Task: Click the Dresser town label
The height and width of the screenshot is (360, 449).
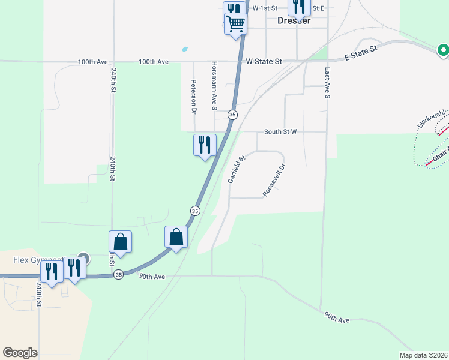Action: point(294,20)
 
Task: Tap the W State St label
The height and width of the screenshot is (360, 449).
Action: point(264,61)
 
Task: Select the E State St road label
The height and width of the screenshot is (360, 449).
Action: point(360,53)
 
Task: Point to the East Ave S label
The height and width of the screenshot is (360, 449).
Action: point(328,83)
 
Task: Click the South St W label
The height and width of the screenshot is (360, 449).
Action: point(280,131)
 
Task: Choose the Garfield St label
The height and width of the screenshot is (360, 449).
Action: point(237,170)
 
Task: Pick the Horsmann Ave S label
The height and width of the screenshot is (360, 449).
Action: point(214,86)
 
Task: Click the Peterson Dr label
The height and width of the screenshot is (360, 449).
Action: point(194,97)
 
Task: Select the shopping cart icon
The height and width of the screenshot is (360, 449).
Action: point(236,24)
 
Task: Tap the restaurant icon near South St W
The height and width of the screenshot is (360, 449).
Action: point(205,145)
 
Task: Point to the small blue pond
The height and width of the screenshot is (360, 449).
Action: point(185,49)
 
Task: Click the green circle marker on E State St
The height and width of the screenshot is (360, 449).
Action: point(443,50)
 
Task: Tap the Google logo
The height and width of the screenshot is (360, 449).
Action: point(20,353)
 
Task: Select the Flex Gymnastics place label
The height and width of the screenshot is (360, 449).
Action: point(39,260)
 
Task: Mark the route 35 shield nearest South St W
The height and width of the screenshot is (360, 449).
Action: point(232,114)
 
